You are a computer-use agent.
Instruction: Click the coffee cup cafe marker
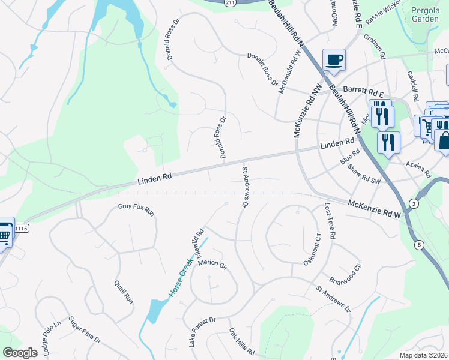334,60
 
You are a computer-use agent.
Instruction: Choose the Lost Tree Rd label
330,221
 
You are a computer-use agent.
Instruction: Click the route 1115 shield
22,229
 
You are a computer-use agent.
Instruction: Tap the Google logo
20,353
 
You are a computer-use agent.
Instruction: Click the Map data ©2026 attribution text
424,355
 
